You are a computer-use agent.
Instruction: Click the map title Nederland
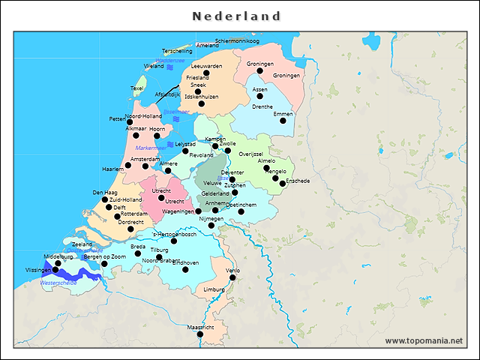[x=236, y=16]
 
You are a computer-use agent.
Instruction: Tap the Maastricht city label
[x=200, y=328]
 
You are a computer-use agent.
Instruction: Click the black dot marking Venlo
[x=232, y=277]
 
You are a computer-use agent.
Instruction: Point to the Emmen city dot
[x=283, y=121]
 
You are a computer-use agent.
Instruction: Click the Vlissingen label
[x=38, y=269]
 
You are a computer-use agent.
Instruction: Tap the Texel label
[x=136, y=88]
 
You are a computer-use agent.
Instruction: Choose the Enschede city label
[x=298, y=181]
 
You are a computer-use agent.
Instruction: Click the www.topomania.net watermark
[x=424, y=340]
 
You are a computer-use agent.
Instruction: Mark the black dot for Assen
[x=259, y=96]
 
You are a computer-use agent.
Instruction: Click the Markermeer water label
[x=151, y=148]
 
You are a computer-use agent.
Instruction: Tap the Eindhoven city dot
[x=185, y=269]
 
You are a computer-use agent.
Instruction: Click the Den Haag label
[x=104, y=193]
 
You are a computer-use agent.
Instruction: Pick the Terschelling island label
[x=177, y=51]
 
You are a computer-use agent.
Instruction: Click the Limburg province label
[x=214, y=289]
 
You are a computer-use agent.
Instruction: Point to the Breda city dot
[x=138, y=253]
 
